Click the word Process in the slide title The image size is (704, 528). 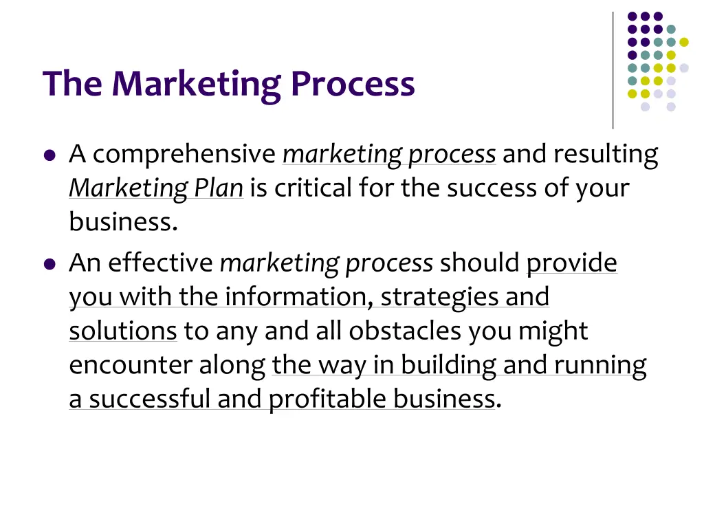(352, 84)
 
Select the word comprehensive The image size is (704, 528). (184, 155)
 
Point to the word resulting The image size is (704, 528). (606, 155)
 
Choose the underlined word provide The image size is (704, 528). (572, 263)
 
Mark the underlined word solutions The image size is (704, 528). (123, 331)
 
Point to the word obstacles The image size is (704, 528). (406, 331)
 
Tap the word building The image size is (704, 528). (448, 365)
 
